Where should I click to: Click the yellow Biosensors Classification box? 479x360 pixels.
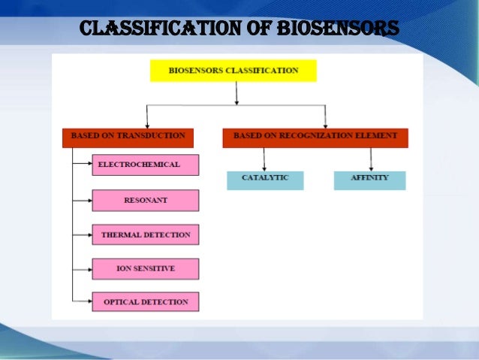(x=233, y=71)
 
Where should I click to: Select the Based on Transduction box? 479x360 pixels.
(x=128, y=137)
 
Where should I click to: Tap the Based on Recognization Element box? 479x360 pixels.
(x=315, y=138)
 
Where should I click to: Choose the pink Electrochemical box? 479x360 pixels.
(x=145, y=165)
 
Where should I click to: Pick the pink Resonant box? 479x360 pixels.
(x=145, y=201)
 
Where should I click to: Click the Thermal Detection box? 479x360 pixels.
(x=145, y=234)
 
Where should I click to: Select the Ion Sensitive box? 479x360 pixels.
(x=145, y=268)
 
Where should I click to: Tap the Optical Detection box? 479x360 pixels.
(x=145, y=302)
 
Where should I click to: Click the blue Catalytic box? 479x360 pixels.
(x=265, y=180)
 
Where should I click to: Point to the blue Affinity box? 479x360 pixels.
(x=369, y=180)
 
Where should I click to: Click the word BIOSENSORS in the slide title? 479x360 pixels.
(x=338, y=29)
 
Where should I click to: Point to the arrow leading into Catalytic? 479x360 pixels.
(x=264, y=159)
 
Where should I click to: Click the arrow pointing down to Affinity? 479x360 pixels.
(x=370, y=159)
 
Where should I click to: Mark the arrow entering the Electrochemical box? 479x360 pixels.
(x=83, y=163)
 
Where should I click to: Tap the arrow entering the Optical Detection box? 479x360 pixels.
(x=83, y=301)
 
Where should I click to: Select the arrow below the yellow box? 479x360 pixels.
(x=237, y=92)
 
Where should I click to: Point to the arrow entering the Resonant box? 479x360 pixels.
(x=83, y=201)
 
